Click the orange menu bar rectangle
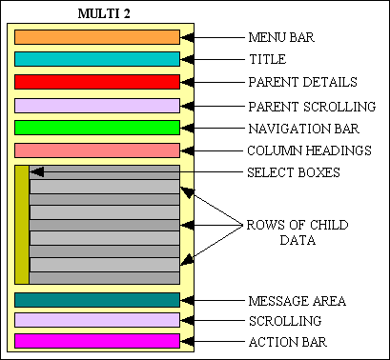[x=97, y=37]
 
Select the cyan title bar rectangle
[x=97, y=59]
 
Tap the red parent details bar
[x=97, y=82]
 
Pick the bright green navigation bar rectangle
[x=97, y=128]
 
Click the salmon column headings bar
[x=97, y=150]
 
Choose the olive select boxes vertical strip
[x=21, y=225]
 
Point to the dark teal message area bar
[x=97, y=300]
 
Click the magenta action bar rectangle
[x=97, y=341]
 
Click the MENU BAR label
[x=281, y=38]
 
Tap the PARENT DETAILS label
[x=302, y=82]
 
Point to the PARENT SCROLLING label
[x=311, y=105]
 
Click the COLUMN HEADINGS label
[x=309, y=150]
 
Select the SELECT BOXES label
[x=293, y=173]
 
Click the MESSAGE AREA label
[x=297, y=301]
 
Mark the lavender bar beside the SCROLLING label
[x=97, y=320]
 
